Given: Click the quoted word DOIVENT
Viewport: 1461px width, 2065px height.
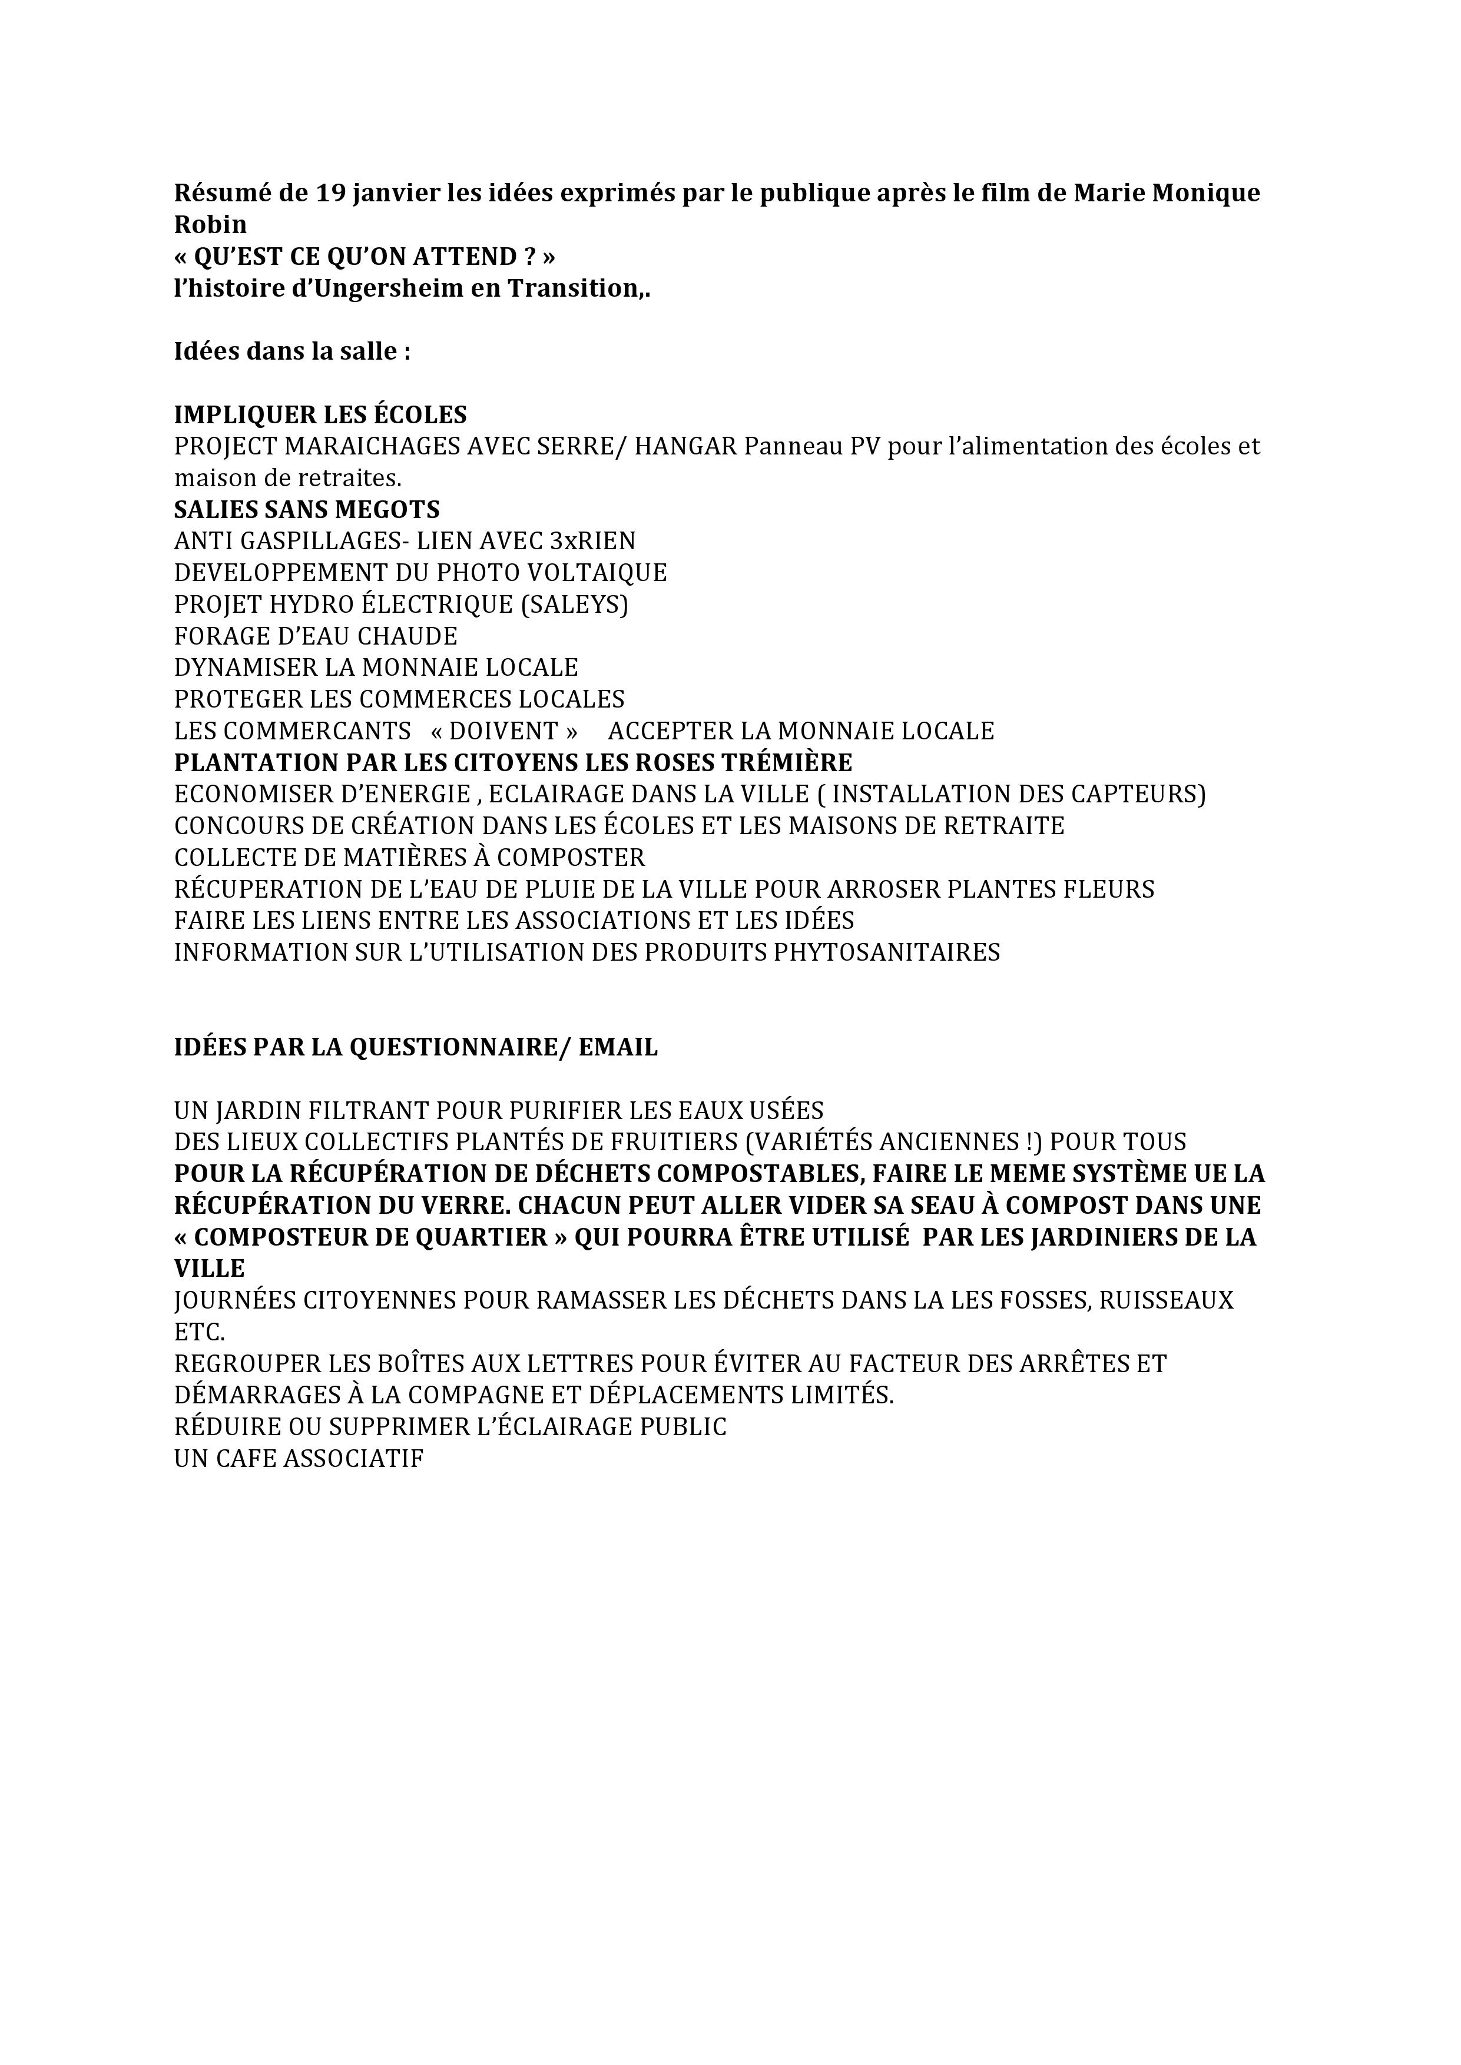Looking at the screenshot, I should coord(504,731).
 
